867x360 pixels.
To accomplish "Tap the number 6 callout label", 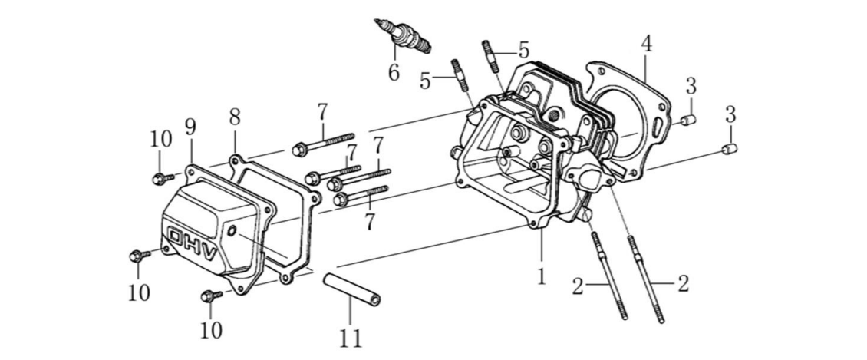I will [394, 73].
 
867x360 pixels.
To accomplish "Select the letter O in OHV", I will [177, 235].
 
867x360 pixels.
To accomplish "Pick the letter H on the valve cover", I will [196, 243].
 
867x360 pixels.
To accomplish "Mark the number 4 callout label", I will [646, 43].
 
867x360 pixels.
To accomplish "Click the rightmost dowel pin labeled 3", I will [731, 148].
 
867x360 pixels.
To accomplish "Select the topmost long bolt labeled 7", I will [322, 140].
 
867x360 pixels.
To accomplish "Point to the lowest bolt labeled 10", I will [209, 296].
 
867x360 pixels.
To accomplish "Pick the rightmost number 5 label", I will [523, 50].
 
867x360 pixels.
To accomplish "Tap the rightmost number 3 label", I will [730, 115].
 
